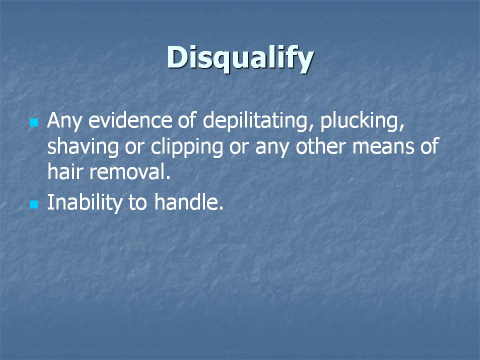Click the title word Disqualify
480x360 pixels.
240,58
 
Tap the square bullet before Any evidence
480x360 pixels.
34,123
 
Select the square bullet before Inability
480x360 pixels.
34,204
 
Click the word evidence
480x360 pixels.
130,120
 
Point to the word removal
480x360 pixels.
130,171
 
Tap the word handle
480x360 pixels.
188,202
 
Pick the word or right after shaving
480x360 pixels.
134,147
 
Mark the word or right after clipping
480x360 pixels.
239,147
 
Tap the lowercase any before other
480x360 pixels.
272,149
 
